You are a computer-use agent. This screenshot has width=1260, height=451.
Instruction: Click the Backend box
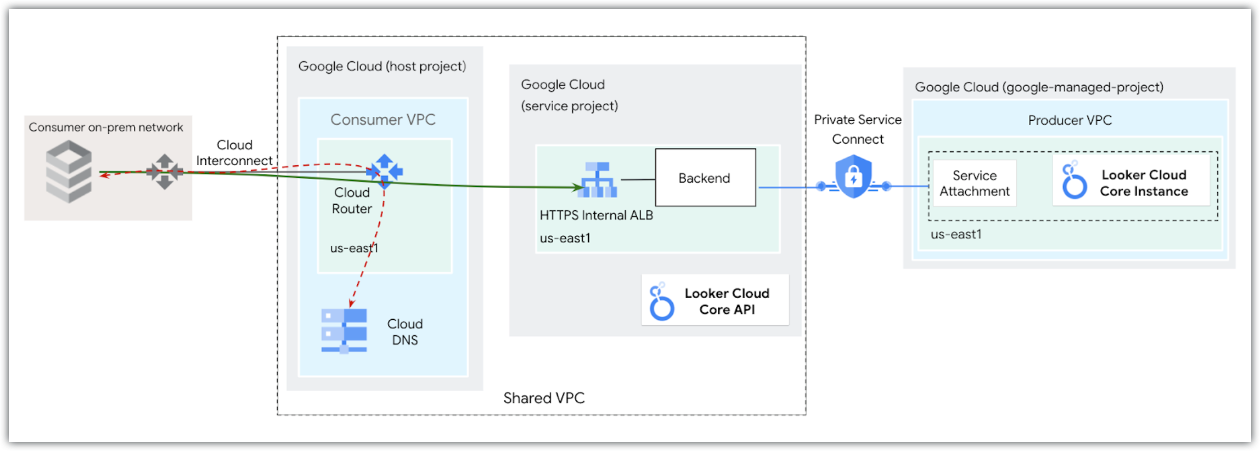coord(705,178)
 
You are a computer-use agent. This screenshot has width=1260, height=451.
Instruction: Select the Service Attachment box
coord(974,183)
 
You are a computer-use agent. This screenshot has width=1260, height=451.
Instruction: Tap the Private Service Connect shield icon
coord(853,177)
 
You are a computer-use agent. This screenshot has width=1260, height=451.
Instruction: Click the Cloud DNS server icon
coord(344,331)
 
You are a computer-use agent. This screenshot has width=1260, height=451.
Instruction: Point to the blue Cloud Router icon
coord(385,171)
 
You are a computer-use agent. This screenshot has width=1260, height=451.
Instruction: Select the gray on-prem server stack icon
coord(69,171)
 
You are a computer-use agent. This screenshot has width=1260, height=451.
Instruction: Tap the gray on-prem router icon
coord(164,172)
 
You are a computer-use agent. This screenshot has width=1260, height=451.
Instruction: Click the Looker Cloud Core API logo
coord(661,302)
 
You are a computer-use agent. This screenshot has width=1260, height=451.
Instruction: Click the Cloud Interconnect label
coord(234,153)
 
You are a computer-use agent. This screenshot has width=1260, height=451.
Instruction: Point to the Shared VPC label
coord(543,398)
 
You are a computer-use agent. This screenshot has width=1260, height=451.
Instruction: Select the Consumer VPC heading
coord(383,120)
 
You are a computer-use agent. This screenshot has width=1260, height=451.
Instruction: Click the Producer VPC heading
coord(1070,120)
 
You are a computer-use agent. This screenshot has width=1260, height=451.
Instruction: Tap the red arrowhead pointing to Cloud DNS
coord(352,302)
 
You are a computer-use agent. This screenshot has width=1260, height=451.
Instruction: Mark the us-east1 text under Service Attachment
coord(955,234)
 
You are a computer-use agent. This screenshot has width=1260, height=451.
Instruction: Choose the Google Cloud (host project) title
coord(382,66)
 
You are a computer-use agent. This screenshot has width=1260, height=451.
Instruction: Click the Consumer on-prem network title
coord(106,127)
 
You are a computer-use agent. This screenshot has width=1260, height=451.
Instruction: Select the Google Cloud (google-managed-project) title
coord(1039,87)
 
